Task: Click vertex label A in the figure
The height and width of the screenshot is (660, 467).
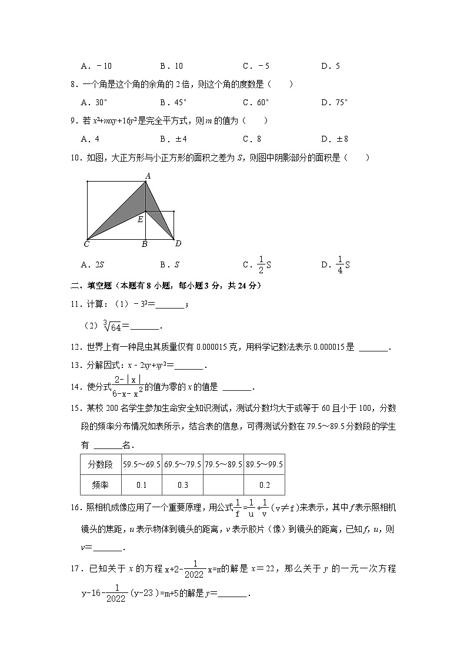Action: point(148,176)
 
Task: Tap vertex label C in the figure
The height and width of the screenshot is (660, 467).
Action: point(86,244)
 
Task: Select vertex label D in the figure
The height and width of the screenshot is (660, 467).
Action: point(178,244)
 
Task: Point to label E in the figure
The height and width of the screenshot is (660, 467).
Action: point(140,220)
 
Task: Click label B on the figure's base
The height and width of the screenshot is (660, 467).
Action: point(145,244)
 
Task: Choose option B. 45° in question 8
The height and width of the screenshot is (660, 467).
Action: point(174,102)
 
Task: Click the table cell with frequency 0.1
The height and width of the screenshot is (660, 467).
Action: point(141,485)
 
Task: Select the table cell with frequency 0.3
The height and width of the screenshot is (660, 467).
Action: point(182,485)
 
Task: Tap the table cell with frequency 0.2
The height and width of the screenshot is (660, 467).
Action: point(265,485)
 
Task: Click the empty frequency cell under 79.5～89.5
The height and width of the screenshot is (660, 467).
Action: point(223,485)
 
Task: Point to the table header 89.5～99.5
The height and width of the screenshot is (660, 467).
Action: point(265,464)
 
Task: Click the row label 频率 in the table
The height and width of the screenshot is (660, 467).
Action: point(99,485)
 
